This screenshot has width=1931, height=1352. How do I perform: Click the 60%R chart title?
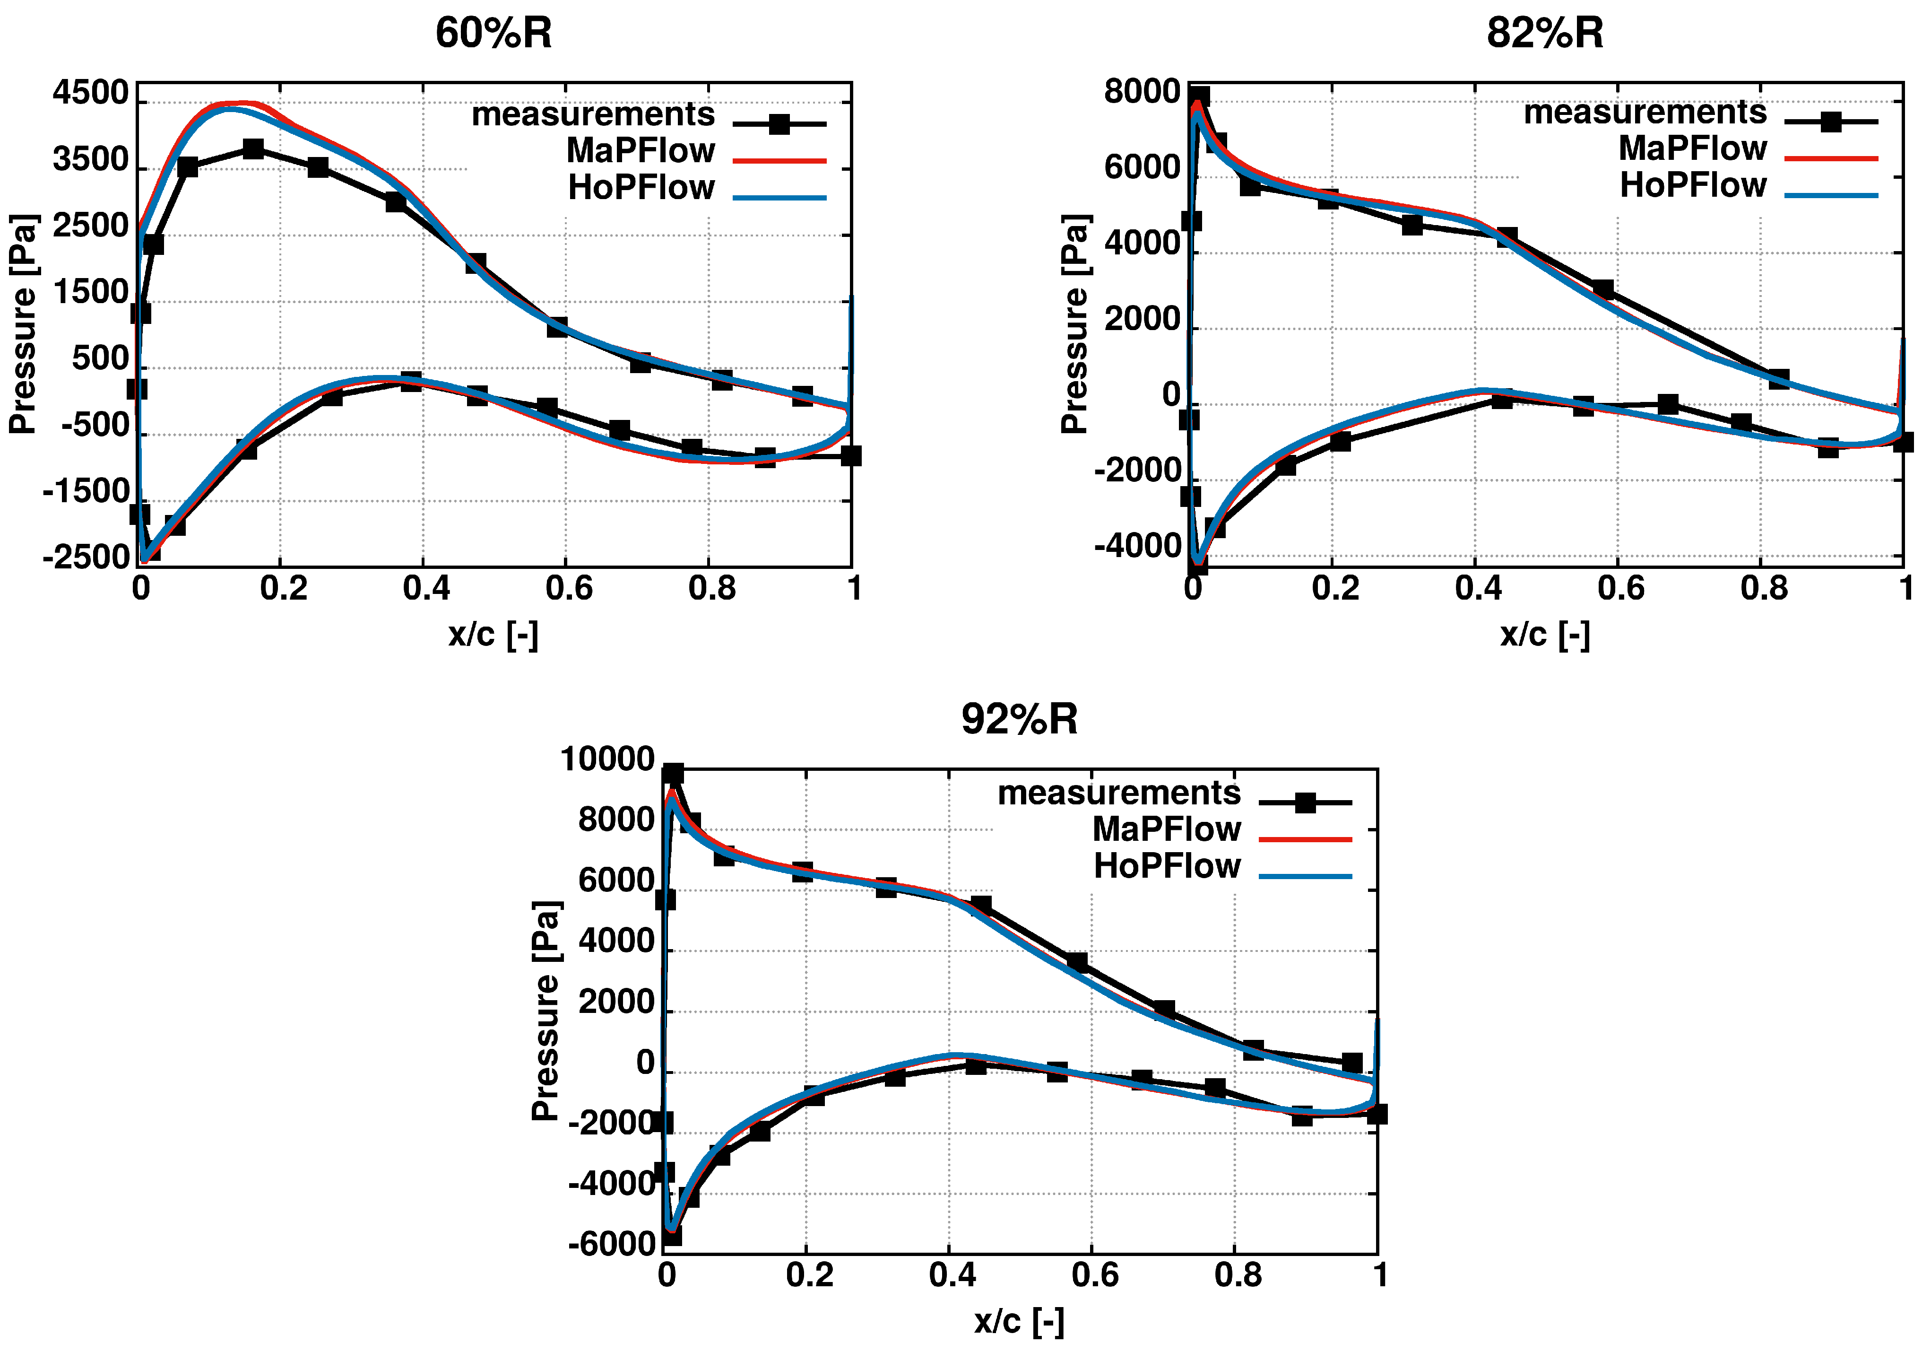[494, 34]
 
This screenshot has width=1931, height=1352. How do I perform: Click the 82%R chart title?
[1544, 34]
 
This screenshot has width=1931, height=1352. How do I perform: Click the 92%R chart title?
[1019, 719]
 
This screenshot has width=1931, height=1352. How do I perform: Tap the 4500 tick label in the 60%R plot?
[90, 93]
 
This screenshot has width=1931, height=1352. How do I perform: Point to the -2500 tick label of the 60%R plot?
[86, 557]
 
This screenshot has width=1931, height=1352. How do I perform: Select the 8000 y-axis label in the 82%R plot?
[1141, 92]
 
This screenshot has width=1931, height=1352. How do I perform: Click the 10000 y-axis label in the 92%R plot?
[606, 760]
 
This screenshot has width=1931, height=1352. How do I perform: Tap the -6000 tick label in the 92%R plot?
[611, 1244]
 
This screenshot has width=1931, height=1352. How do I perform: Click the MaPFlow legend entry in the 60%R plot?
[640, 150]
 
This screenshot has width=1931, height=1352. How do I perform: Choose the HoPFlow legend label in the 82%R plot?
[1692, 185]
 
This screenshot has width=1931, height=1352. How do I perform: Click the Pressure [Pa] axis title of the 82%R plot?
[1075, 324]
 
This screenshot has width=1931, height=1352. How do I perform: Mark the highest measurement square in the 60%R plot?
[252, 150]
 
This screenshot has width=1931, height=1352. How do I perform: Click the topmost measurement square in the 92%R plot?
[673, 774]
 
